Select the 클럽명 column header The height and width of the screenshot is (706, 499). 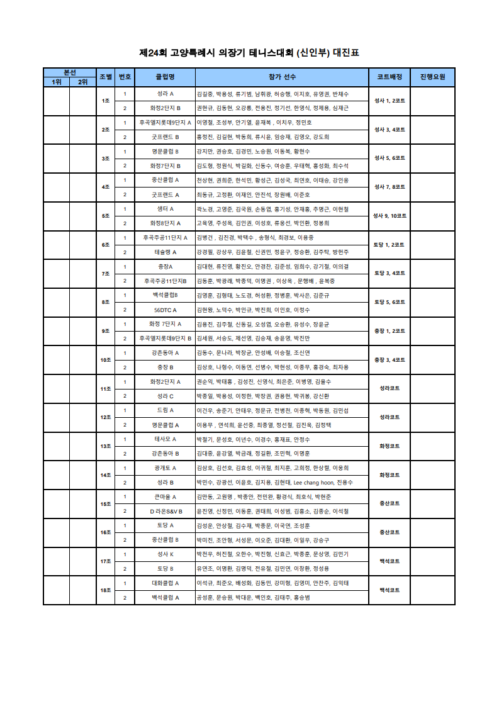click(x=165, y=77)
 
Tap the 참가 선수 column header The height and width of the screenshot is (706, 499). click(x=282, y=77)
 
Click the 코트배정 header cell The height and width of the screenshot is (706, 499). click(x=390, y=77)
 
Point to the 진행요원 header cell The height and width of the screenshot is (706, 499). click(x=432, y=77)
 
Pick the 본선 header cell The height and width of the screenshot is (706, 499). click(x=69, y=72)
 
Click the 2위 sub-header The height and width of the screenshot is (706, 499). click(x=82, y=82)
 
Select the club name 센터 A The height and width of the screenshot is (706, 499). click(x=165, y=209)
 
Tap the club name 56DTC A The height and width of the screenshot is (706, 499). click(x=165, y=310)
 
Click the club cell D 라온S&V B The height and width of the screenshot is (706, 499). click(x=165, y=511)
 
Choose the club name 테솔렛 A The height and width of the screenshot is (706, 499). click(x=165, y=252)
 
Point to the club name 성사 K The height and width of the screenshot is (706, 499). click(x=165, y=554)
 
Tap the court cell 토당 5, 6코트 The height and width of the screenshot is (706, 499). click(x=390, y=302)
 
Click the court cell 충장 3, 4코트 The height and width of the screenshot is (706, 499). click(x=390, y=360)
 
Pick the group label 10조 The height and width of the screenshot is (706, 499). click(x=106, y=360)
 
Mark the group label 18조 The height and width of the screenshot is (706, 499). click(x=106, y=590)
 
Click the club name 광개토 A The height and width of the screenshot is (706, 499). click(x=165, y=468)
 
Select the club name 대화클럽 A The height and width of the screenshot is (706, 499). click(x=165, y=583)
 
